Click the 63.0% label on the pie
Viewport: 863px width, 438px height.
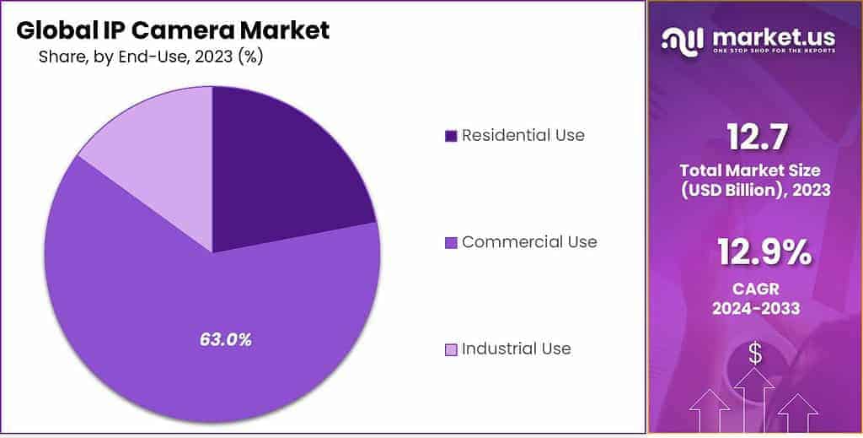[x=225, y=340]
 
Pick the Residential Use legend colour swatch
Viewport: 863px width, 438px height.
[x=450, y=136]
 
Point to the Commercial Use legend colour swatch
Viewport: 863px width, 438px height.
[x=450, y=243]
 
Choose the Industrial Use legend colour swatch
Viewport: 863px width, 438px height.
[x=450, y=349]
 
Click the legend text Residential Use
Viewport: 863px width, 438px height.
[x=523, y=135]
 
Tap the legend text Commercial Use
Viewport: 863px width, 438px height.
[x=529, y=242]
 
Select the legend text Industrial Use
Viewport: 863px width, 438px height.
[x=516, y=349]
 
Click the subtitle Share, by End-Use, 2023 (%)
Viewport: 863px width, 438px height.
[x=152, y=57]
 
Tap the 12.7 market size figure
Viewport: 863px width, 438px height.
[x=754, y=136]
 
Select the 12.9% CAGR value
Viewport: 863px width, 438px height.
[x=754, y=253]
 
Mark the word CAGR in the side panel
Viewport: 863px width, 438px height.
[x=754, y=288]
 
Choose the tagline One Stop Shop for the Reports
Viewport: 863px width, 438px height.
[x=774, y=51]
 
